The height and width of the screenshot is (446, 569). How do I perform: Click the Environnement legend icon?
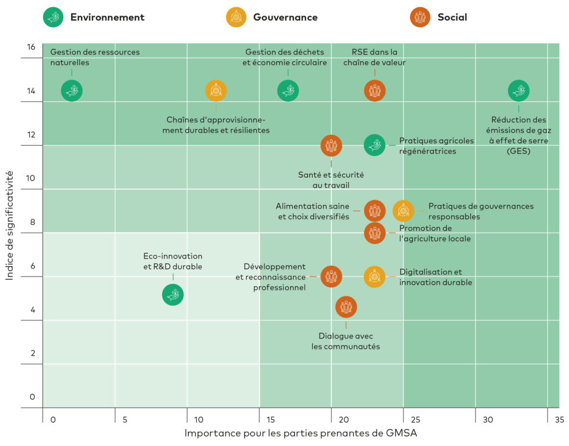pyautogui.click(x=53, y=17)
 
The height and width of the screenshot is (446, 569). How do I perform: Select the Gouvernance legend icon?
pyautogui.click(x=236, y=17)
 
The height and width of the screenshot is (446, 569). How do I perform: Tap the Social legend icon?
pyautogui.click(x=421, y=17)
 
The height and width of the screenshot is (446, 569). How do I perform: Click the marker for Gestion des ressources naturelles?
pyautogui.click(x=72, y=91)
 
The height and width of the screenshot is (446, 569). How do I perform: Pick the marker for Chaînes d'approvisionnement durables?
pyautogui.click(x=216, y=91)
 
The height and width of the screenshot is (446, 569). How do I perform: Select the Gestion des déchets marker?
pyautogui.click(x=288, y=91)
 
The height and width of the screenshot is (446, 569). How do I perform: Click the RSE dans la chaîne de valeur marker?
pyautogui.click(x=375, y=91)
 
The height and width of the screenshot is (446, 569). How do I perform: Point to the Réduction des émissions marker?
pyautogui.click(x=519, y=91)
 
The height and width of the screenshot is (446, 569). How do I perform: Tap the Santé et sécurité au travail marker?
pyautogui.click(x=331, y=146)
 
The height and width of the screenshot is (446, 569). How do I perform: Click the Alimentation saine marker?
pyautogui.click(x=375, y=211)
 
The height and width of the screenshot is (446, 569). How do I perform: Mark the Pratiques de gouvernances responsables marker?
pyautogui.click(x=403, y=211)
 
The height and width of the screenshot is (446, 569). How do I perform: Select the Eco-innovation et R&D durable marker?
pyautogui.click(x=173, y=294)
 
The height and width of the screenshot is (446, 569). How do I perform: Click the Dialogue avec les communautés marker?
pyautogui.click(x=346, y=307)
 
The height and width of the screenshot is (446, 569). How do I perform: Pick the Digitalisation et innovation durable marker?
pyautogui.click(x=375, y=277)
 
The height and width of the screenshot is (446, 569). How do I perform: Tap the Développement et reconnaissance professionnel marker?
pyautogui.click(x=331, y=277)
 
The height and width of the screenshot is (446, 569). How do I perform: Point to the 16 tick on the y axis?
pyautogui.click(x=31, y=47)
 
